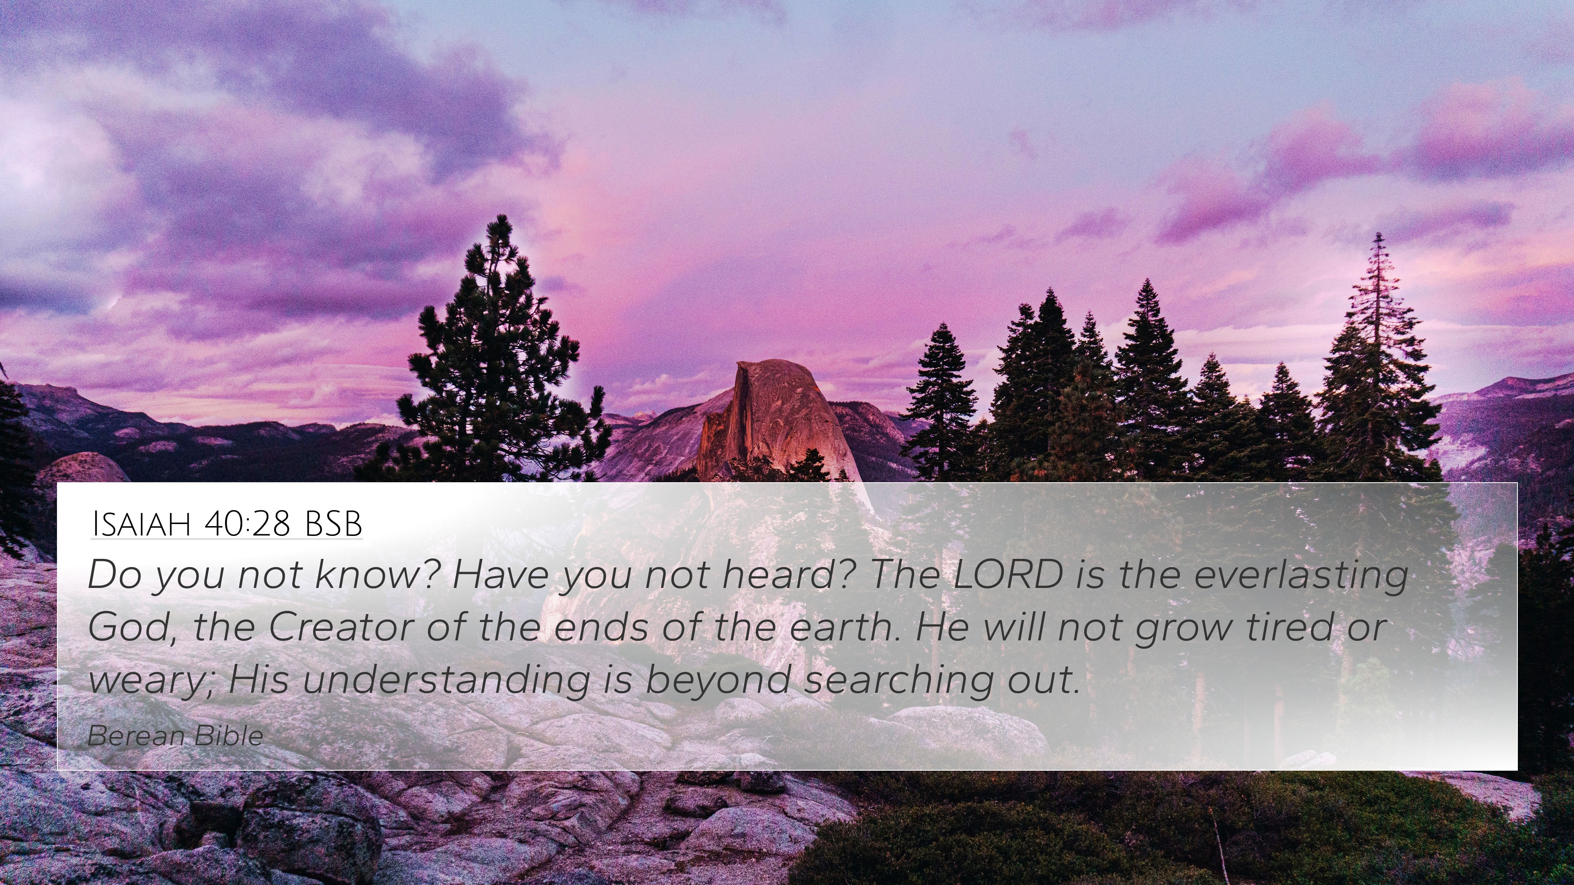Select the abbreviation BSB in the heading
[333, 524]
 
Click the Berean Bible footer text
[175, 736]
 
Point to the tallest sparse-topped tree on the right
[1378, 361]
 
